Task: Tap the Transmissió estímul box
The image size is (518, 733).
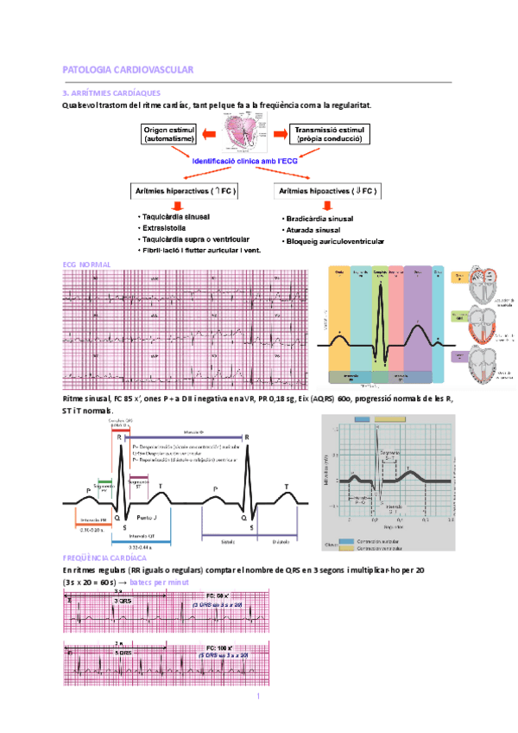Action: click(x=330, y=134)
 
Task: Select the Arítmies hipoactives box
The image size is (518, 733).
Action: click(x=325, y=190)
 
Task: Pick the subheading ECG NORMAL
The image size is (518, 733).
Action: click(x=87, y=263)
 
